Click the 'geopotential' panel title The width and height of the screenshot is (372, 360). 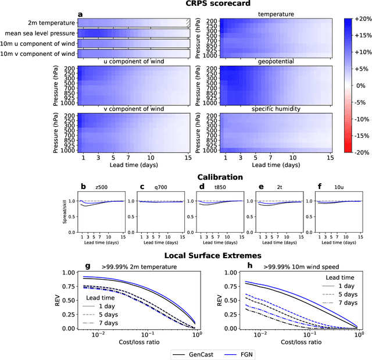tap(275, 61)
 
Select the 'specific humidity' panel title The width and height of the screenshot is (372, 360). tap(275, 109)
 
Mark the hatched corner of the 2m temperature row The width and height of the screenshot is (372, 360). tap(187, 23)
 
